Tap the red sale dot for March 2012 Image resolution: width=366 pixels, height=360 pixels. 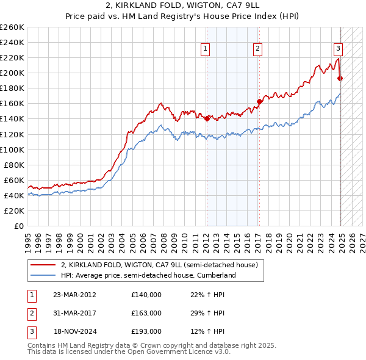coord(207,118)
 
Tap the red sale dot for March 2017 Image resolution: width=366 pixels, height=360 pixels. coord(259,101)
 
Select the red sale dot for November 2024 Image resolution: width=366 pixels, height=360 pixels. coord(340,78)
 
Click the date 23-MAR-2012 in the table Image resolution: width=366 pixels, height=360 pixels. coord(74,295)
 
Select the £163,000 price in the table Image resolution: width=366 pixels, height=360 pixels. coord(146,313)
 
